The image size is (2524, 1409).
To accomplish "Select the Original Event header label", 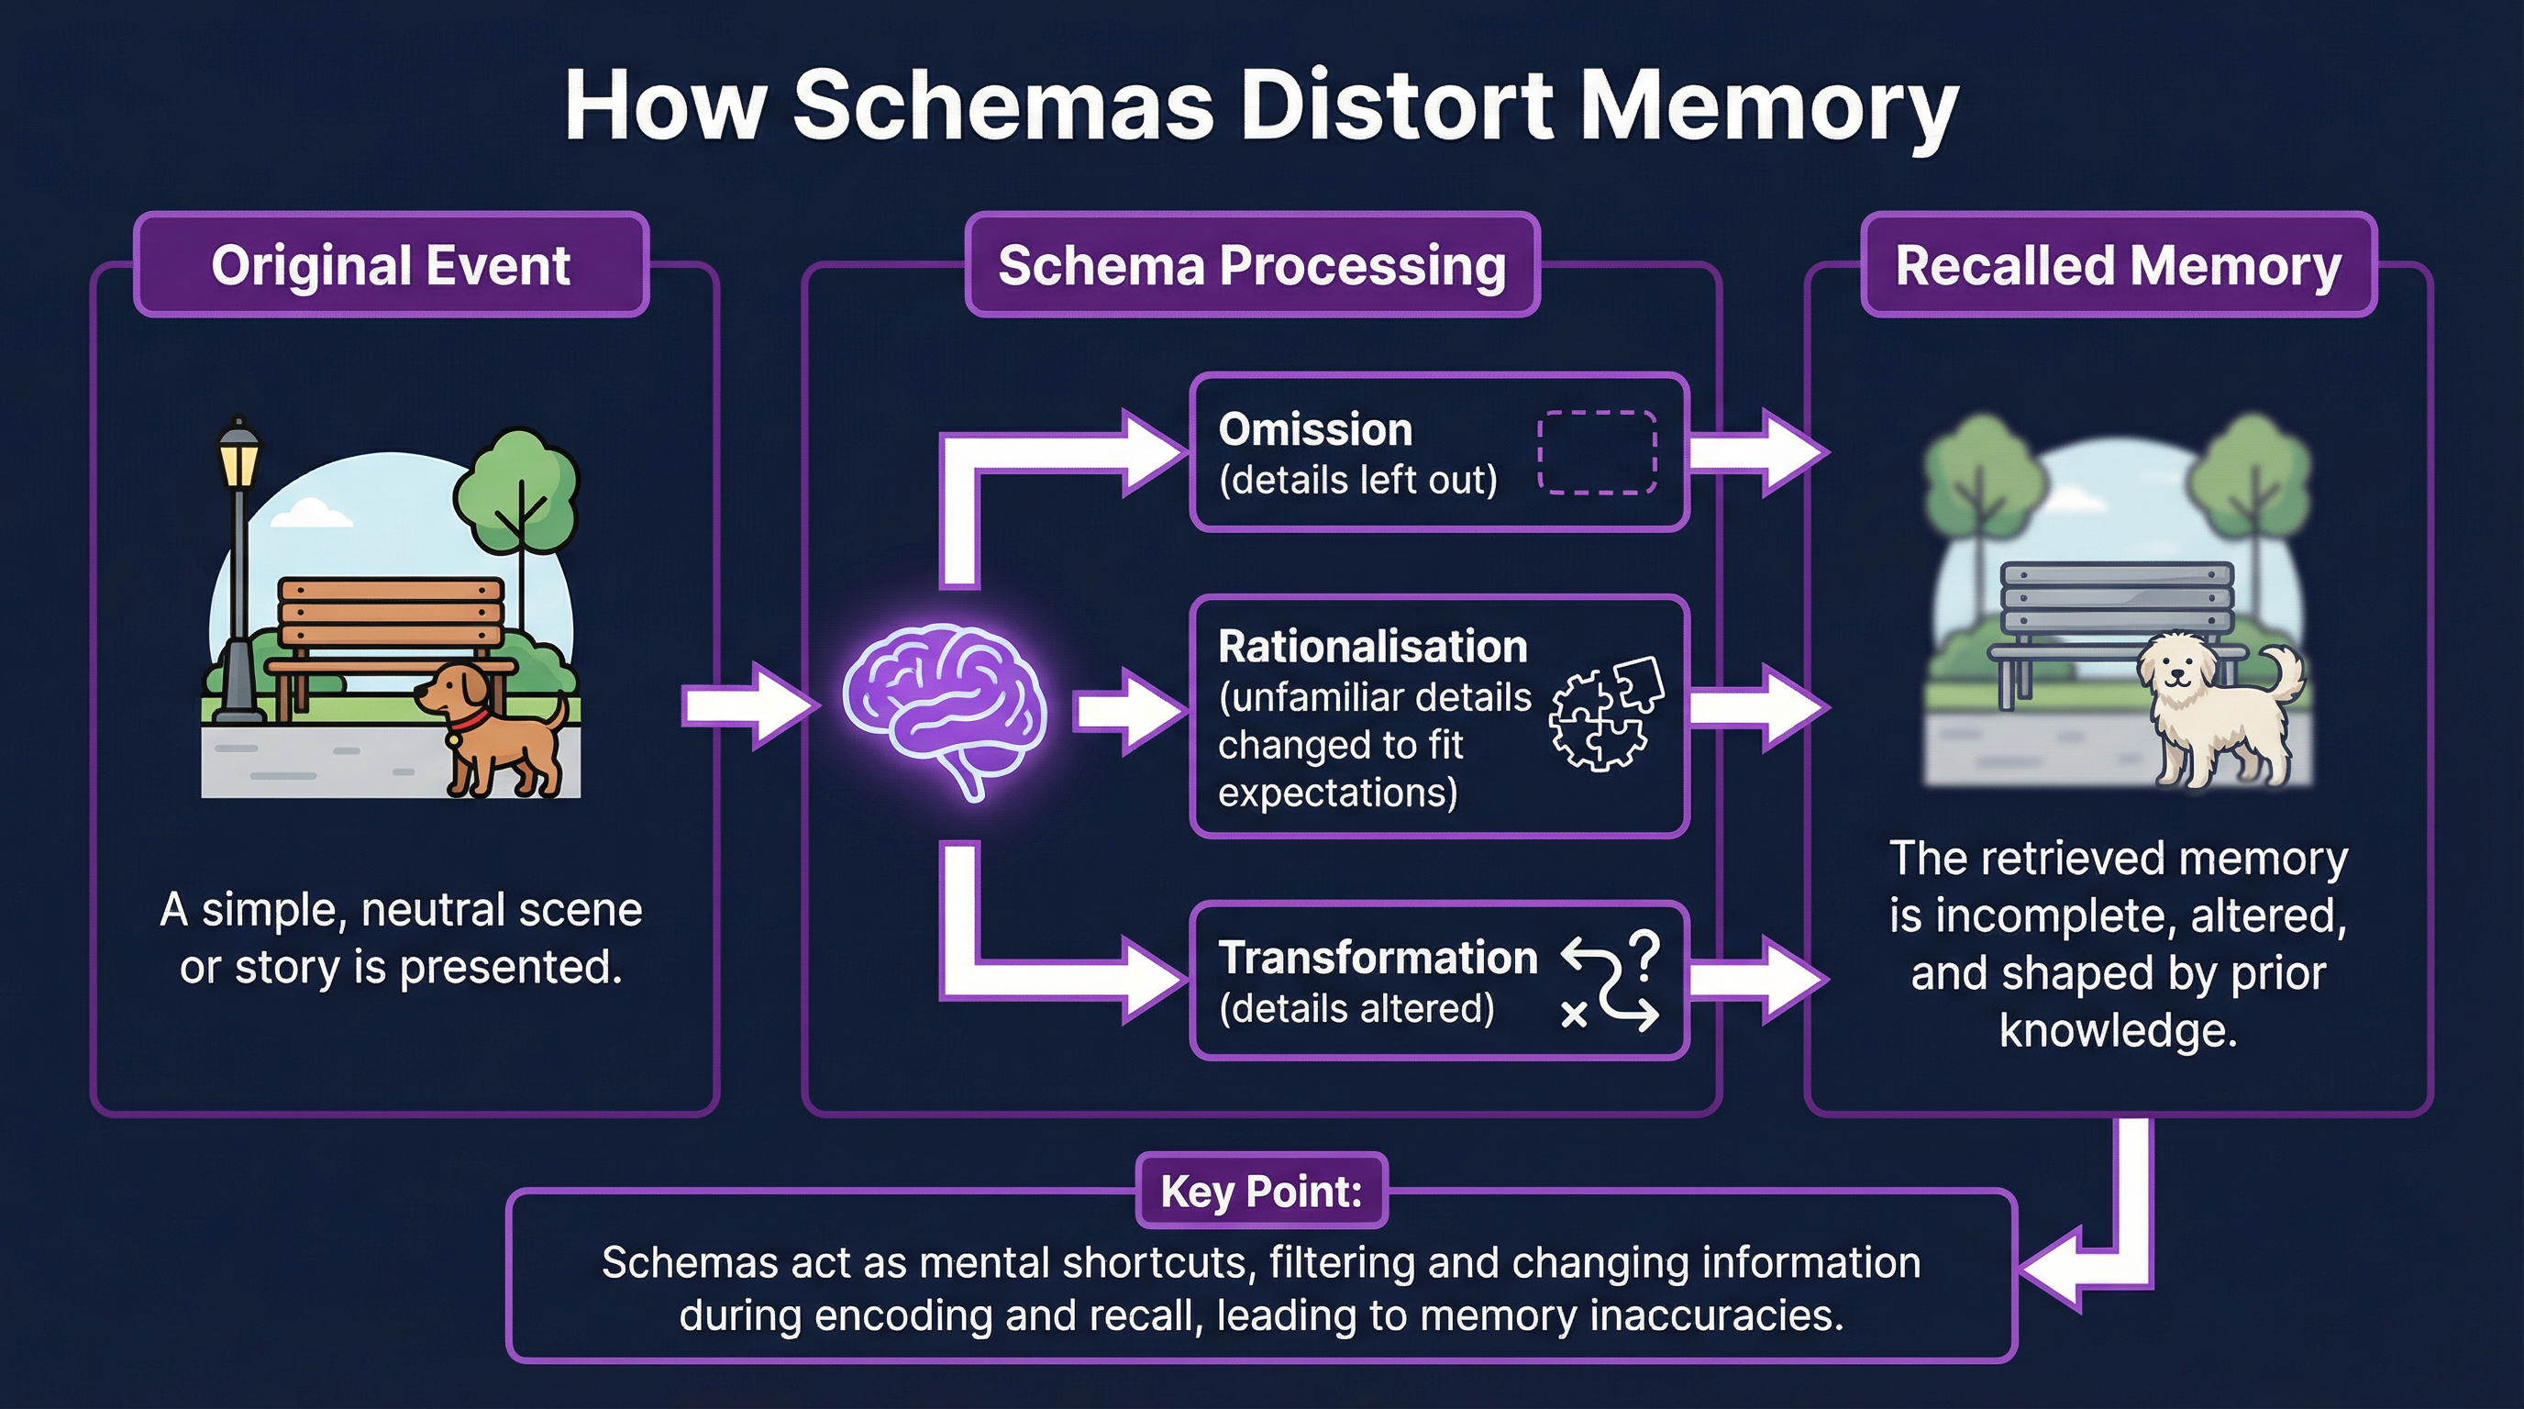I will point(390,265).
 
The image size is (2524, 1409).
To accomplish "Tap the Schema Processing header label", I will point(1251,265).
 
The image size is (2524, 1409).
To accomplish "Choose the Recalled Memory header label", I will point(2118,265).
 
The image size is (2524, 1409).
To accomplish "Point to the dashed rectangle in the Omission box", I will point(1596,451).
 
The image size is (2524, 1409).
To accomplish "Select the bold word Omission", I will point(1314,430).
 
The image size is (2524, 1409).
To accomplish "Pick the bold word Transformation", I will point(1377,958).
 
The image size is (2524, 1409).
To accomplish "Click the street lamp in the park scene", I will point(238,569).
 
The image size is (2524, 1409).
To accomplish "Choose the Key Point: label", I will point(1261,1191).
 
